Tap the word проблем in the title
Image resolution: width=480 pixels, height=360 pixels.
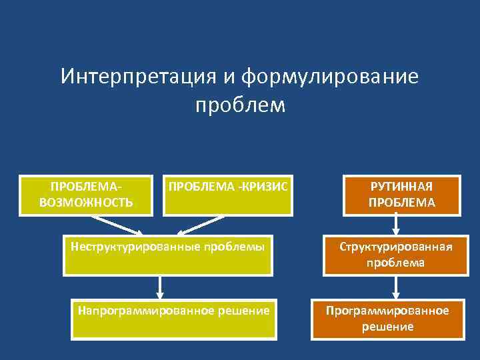click(240, 105)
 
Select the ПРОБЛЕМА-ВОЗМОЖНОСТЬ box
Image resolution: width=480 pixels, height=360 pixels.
click(85, 195)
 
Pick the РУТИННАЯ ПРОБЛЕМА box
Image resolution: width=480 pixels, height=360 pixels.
click(401, 195)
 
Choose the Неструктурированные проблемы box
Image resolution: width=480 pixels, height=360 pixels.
click(167, 255)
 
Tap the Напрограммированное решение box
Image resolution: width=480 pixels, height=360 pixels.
click(173, 318)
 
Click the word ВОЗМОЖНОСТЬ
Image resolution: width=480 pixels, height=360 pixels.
click(86, 202)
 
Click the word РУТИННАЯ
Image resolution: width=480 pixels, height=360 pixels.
click(402, 187)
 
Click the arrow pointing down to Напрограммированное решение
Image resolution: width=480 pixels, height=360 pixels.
click(160, 287)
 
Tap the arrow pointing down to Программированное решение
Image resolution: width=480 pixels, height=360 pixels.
click(396, 287)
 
